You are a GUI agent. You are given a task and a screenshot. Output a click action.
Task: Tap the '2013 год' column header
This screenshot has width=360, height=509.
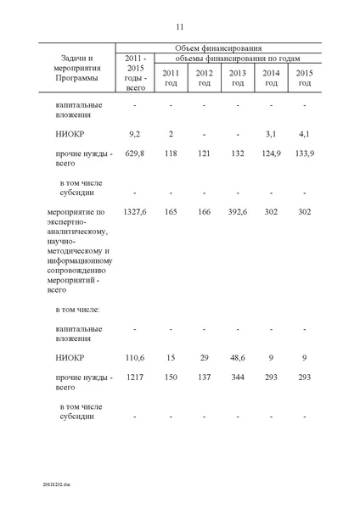coord(238,77)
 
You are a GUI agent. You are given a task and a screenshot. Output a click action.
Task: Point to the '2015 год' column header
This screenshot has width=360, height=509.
coord(304,77)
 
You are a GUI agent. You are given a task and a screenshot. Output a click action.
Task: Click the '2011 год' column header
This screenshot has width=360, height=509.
coord(171,77)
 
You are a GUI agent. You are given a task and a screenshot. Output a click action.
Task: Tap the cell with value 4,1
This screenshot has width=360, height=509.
coord(304,134)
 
